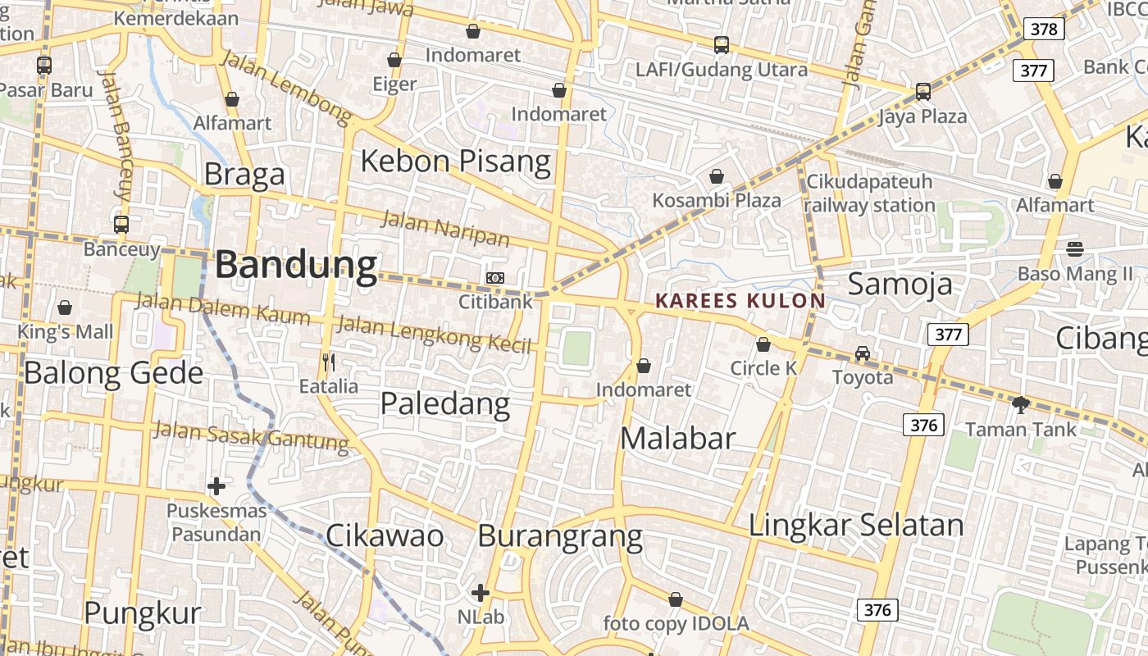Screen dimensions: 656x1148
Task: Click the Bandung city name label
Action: coord(296,265)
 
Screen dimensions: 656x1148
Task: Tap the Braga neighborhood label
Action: coord(244,174)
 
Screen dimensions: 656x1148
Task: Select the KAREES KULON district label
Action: coord(740,301)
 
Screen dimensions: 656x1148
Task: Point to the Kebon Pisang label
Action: coord(455,161)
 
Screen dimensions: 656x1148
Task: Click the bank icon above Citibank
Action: coord(494,278)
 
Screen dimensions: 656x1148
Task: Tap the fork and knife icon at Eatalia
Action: coord(329,362)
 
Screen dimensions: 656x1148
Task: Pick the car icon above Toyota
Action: coord(862,353)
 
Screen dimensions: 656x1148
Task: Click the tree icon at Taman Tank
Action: coord(1021,404)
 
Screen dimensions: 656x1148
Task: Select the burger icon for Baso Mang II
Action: coord(1075,248)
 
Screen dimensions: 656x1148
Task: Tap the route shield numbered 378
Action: coord(1044,30)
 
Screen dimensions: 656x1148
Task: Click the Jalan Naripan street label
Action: coord(445,228)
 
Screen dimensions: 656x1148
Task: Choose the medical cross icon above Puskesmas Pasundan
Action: coord(216,486)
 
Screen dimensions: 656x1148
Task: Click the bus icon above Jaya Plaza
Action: coord(923,91)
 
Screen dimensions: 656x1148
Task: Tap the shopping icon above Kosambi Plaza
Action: coord(717,175)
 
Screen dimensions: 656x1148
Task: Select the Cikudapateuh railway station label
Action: coord(869,193)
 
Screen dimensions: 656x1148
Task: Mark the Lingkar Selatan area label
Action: coord(855,525)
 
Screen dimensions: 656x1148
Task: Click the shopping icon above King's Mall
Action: coord(65,307)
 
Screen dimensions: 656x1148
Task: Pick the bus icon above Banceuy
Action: coord(121,224)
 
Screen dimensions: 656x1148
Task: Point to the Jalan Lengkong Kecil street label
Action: coord(435,333)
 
